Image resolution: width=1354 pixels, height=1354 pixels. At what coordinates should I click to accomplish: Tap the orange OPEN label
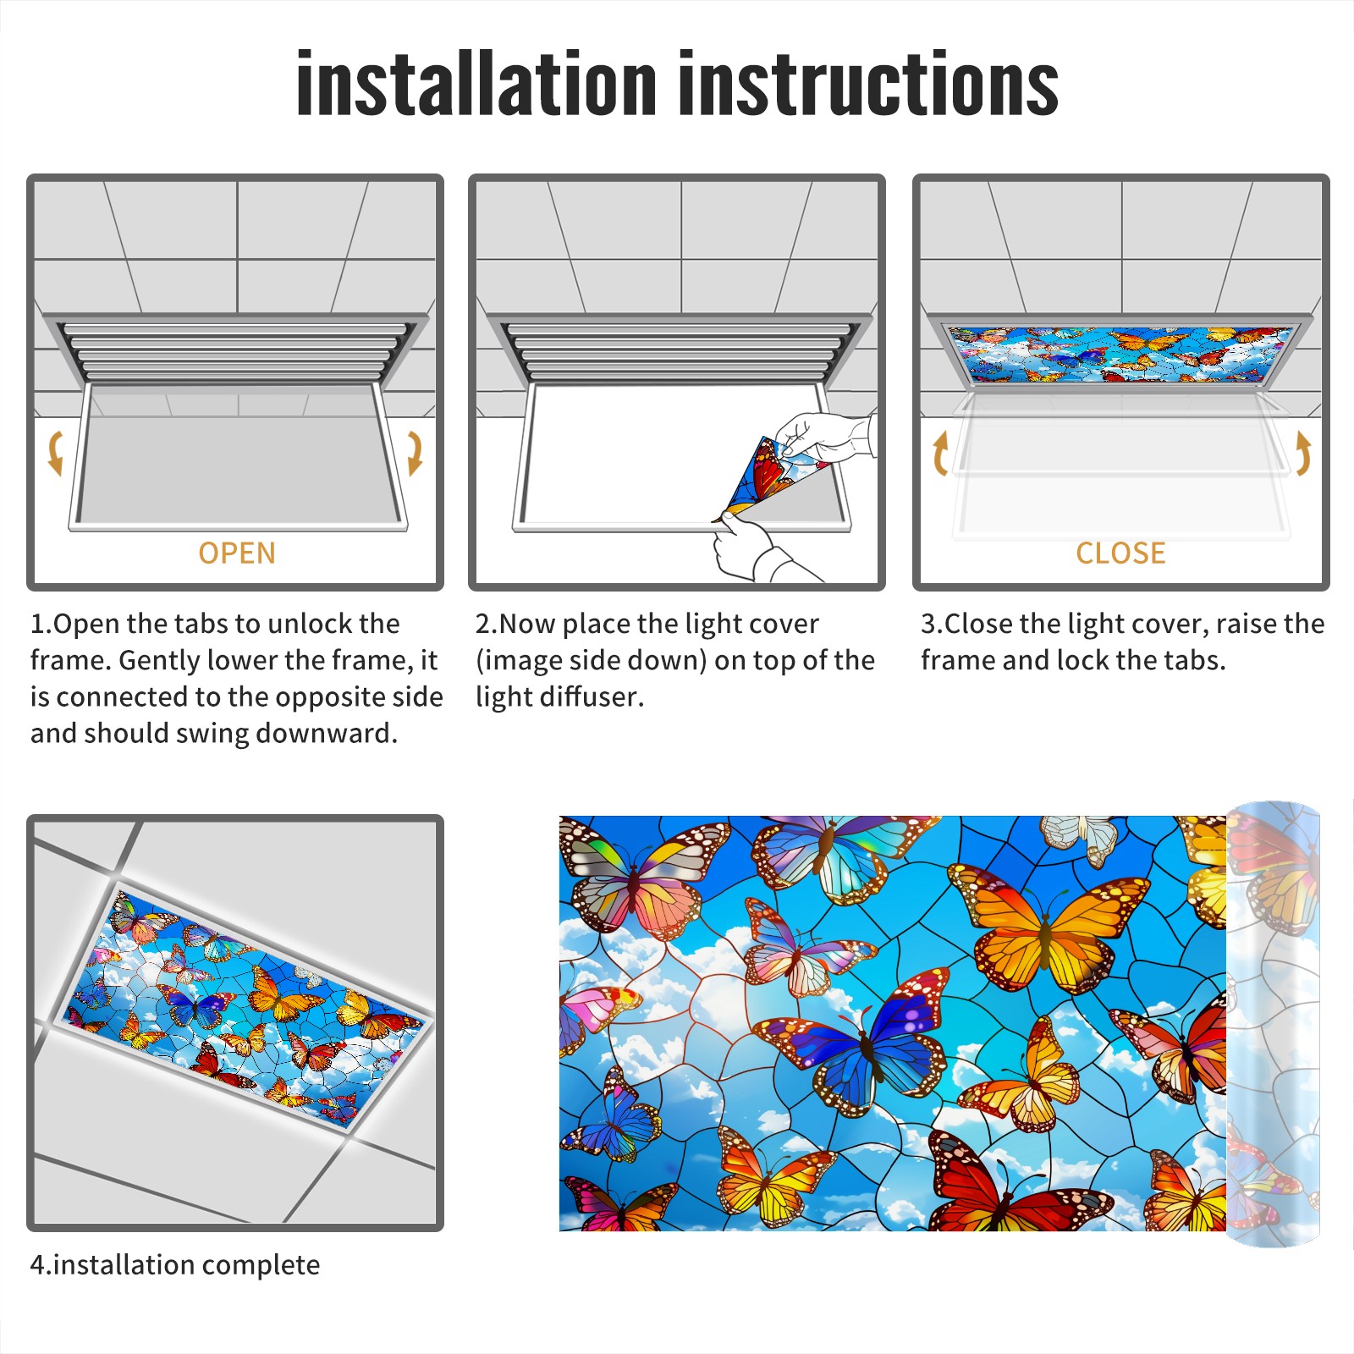pos(237,553)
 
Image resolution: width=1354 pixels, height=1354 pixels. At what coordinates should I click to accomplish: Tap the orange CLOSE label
pos(1120,553)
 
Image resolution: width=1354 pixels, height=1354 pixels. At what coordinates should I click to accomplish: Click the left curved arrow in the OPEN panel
pos(55,453)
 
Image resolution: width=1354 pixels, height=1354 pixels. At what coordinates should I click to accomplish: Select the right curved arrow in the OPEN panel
pos(415,453)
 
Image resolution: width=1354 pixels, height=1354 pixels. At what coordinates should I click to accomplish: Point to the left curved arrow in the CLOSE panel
pos(940,454)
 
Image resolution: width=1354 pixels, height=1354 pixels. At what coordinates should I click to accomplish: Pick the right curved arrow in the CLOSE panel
pos(1303,454)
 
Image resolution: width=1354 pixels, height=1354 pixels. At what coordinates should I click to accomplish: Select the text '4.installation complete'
pos(175,1265)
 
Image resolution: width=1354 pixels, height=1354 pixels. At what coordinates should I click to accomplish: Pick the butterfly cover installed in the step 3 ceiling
pos(1120,354)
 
